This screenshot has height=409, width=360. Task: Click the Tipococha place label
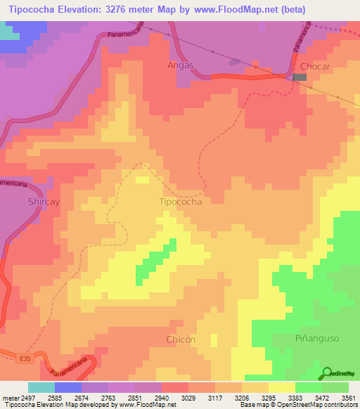click(181, 202)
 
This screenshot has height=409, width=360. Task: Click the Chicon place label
click(181, 339)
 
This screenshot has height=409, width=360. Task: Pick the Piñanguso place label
click(316, 339)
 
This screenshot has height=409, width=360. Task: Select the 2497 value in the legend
click(25, 397)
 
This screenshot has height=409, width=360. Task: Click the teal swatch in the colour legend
click(41, 387)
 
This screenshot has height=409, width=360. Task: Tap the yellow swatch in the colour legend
click(282, 387)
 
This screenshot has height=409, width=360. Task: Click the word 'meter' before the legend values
click(8, 397)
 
